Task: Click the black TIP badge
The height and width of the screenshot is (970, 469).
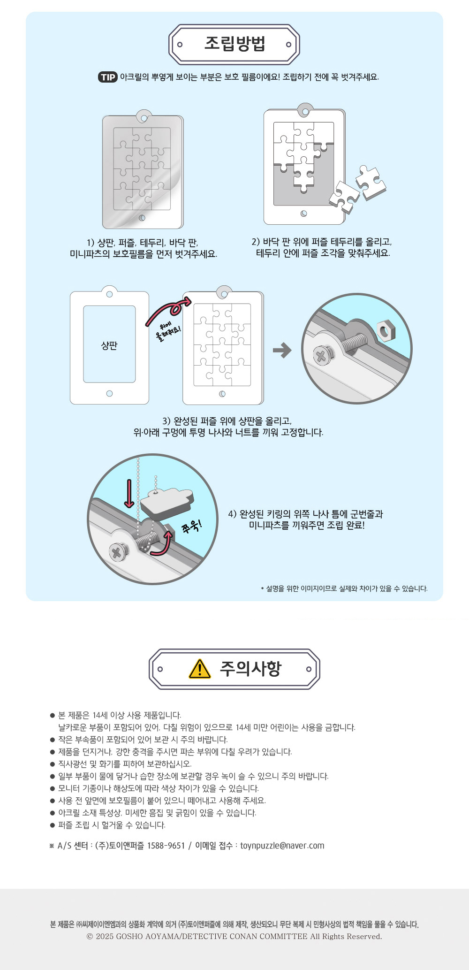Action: click(x=108, y=77)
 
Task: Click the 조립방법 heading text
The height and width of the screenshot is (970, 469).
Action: click(x=235, y=44)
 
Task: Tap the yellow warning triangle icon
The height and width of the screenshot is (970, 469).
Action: click(x=200, y=669)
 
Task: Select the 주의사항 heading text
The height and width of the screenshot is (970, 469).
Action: click(x=250, y=669)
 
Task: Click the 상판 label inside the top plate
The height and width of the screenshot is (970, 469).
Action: click(x=109, y=345)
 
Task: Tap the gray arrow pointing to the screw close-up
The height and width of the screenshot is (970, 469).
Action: click(x=282, y=350)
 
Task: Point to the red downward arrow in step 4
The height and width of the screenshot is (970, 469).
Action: click(x=129, y=493)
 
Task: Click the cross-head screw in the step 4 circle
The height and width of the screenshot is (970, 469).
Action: click(x=118, y=552)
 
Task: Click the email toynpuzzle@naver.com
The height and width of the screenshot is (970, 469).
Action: click(x=282, y=846)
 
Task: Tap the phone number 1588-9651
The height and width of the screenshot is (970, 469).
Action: click(x=166, y=846)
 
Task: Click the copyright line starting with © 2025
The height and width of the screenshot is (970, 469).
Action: click(x=234, y=936)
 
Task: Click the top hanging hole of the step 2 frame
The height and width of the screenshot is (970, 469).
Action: click(x=305, y=112)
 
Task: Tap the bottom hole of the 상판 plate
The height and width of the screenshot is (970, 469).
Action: click(x=109, y=393)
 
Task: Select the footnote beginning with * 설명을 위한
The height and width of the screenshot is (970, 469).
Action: click(x=344, y=588)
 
